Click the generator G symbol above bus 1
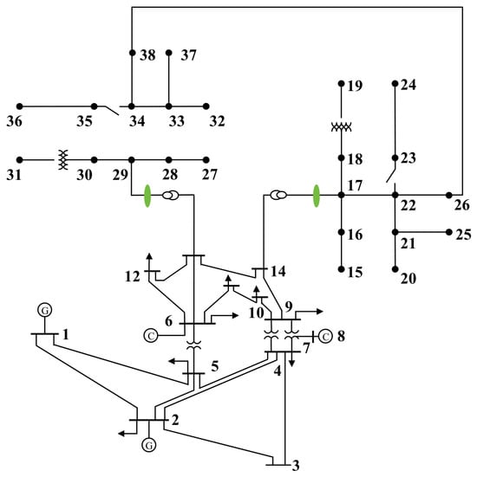point(45,310)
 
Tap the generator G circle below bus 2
point(149,445)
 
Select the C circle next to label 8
point(325,337)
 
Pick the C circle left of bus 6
point(151,336)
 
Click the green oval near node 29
point(147,196)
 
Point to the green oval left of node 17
point(317,196)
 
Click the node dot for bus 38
point(132,53)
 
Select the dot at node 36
point(19,106)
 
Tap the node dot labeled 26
point(449,196)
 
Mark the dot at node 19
point(342,84)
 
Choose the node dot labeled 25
point(449,232)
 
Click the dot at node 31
point(19,160)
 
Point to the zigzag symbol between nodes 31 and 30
point(63,159)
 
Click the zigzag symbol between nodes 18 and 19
point(342,126)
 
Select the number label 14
point(278,271)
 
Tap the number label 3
point(296,466)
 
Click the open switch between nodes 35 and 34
point(112,111)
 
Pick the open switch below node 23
point(391,176)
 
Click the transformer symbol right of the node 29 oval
point(171,196)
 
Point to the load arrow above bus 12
point(149,261)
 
